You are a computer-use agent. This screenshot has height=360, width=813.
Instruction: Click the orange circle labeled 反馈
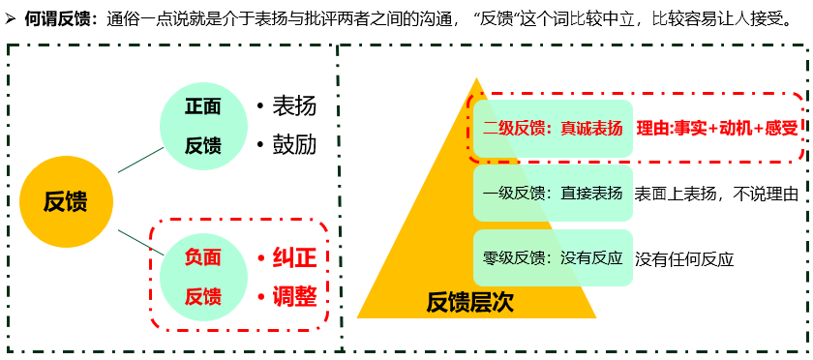65,201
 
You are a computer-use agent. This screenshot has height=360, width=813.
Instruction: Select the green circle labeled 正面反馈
203,125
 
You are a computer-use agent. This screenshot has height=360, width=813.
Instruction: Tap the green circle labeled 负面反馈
203,275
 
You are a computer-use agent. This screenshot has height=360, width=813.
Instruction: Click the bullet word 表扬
294,106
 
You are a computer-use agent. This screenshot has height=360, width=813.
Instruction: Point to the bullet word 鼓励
294,145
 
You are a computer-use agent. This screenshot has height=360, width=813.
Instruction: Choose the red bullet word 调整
294,295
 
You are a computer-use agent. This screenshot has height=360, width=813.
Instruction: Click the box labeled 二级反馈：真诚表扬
553,129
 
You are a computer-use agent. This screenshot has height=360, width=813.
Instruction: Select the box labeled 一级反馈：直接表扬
553,194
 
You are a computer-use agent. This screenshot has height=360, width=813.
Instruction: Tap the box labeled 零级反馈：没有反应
553,258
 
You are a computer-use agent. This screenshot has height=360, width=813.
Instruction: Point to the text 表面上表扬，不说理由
716,194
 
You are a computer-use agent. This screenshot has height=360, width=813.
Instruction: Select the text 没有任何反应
684,258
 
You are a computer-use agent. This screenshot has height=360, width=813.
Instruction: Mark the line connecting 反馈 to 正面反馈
141,160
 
